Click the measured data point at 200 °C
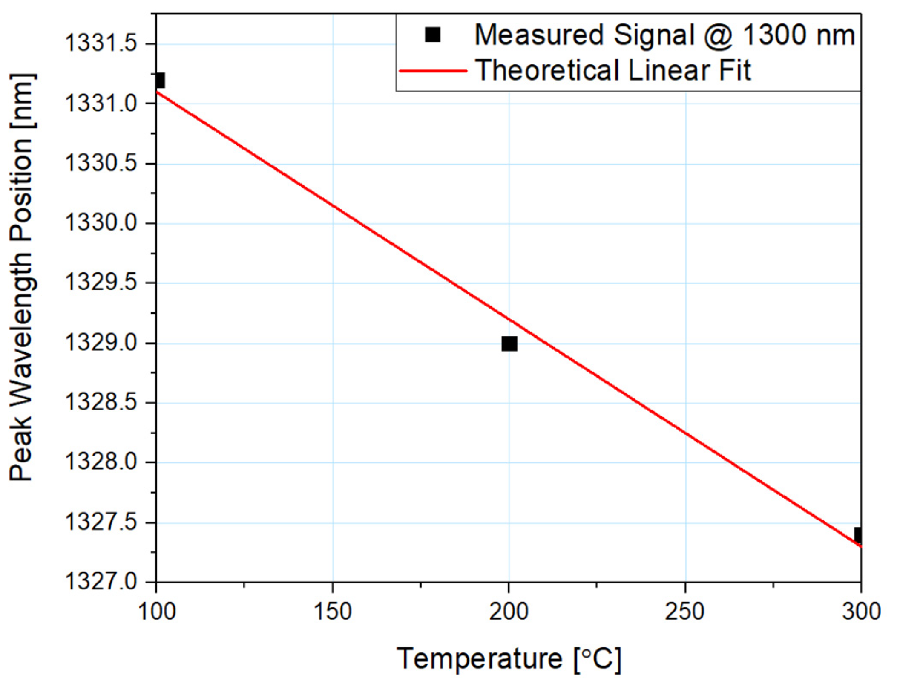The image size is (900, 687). click(x=509, y=343)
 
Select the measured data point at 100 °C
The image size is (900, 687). click(x=160, y=80)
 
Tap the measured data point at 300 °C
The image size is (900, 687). click(x=857, y=535)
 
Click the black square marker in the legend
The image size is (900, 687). click(x=432, y=35)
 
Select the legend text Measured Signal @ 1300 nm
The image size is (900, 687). click(x=664, y=35)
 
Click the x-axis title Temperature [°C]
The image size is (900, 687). click(x=509, y=659)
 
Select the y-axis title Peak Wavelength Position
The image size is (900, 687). click(x=21, y=277)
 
